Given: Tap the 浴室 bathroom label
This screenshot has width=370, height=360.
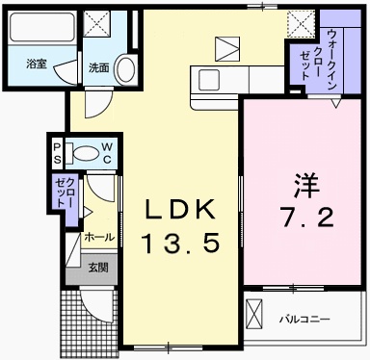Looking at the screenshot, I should [x=36, y=66].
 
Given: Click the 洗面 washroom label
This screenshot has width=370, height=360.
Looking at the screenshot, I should [x=98, y=67].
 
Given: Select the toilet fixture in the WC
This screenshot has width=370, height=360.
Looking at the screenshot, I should [x=84, y=152].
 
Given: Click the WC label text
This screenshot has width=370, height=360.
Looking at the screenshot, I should [x=107, y=152].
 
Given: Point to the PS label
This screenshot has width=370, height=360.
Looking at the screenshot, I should [x=57, y=152].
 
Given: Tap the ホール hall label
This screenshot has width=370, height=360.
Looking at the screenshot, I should [x=99, y=236].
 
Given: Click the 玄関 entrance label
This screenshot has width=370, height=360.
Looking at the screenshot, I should [x=99, y=268].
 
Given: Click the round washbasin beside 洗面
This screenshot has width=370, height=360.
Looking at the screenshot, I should [x=125, y=66].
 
